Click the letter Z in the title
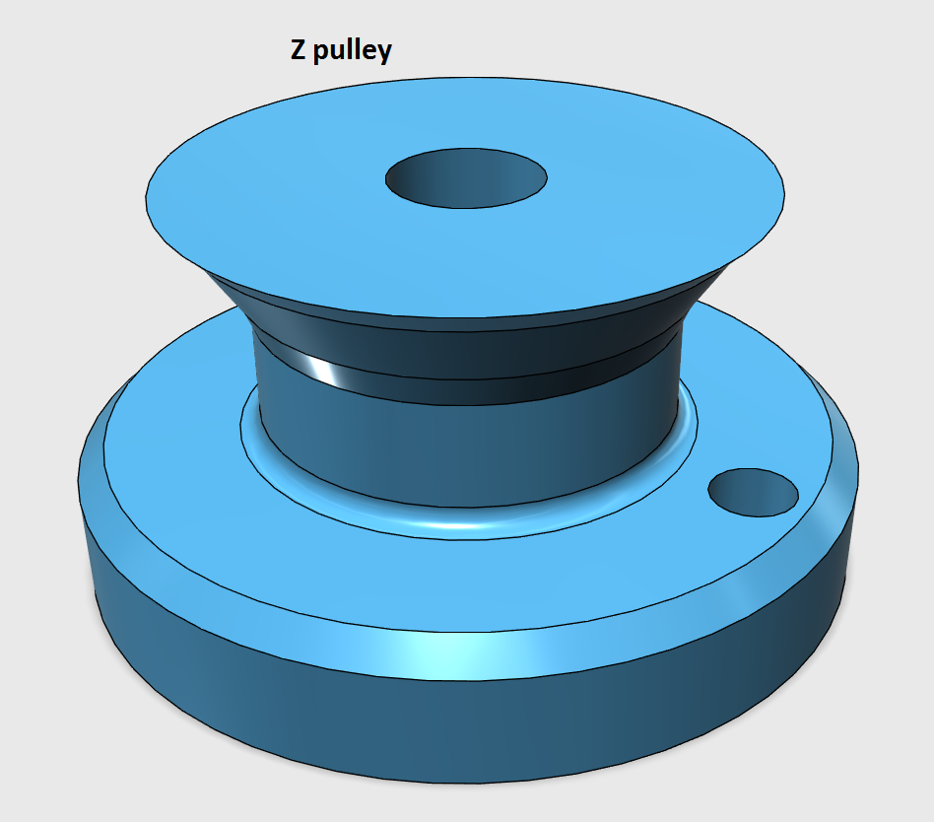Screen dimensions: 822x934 pyautogui.click(x=297, y=50)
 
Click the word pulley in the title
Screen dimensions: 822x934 pyautogui.click(x=352, y=52)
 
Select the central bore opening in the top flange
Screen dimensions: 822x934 pyautogui.click(x=466, y=177)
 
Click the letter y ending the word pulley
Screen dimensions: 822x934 pyautogui.click(x=381, y=53)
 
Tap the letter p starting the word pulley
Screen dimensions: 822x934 pyautogui.click(x=320, y=53)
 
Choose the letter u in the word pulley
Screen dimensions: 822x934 pyautogui.click(x=338, y=52)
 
